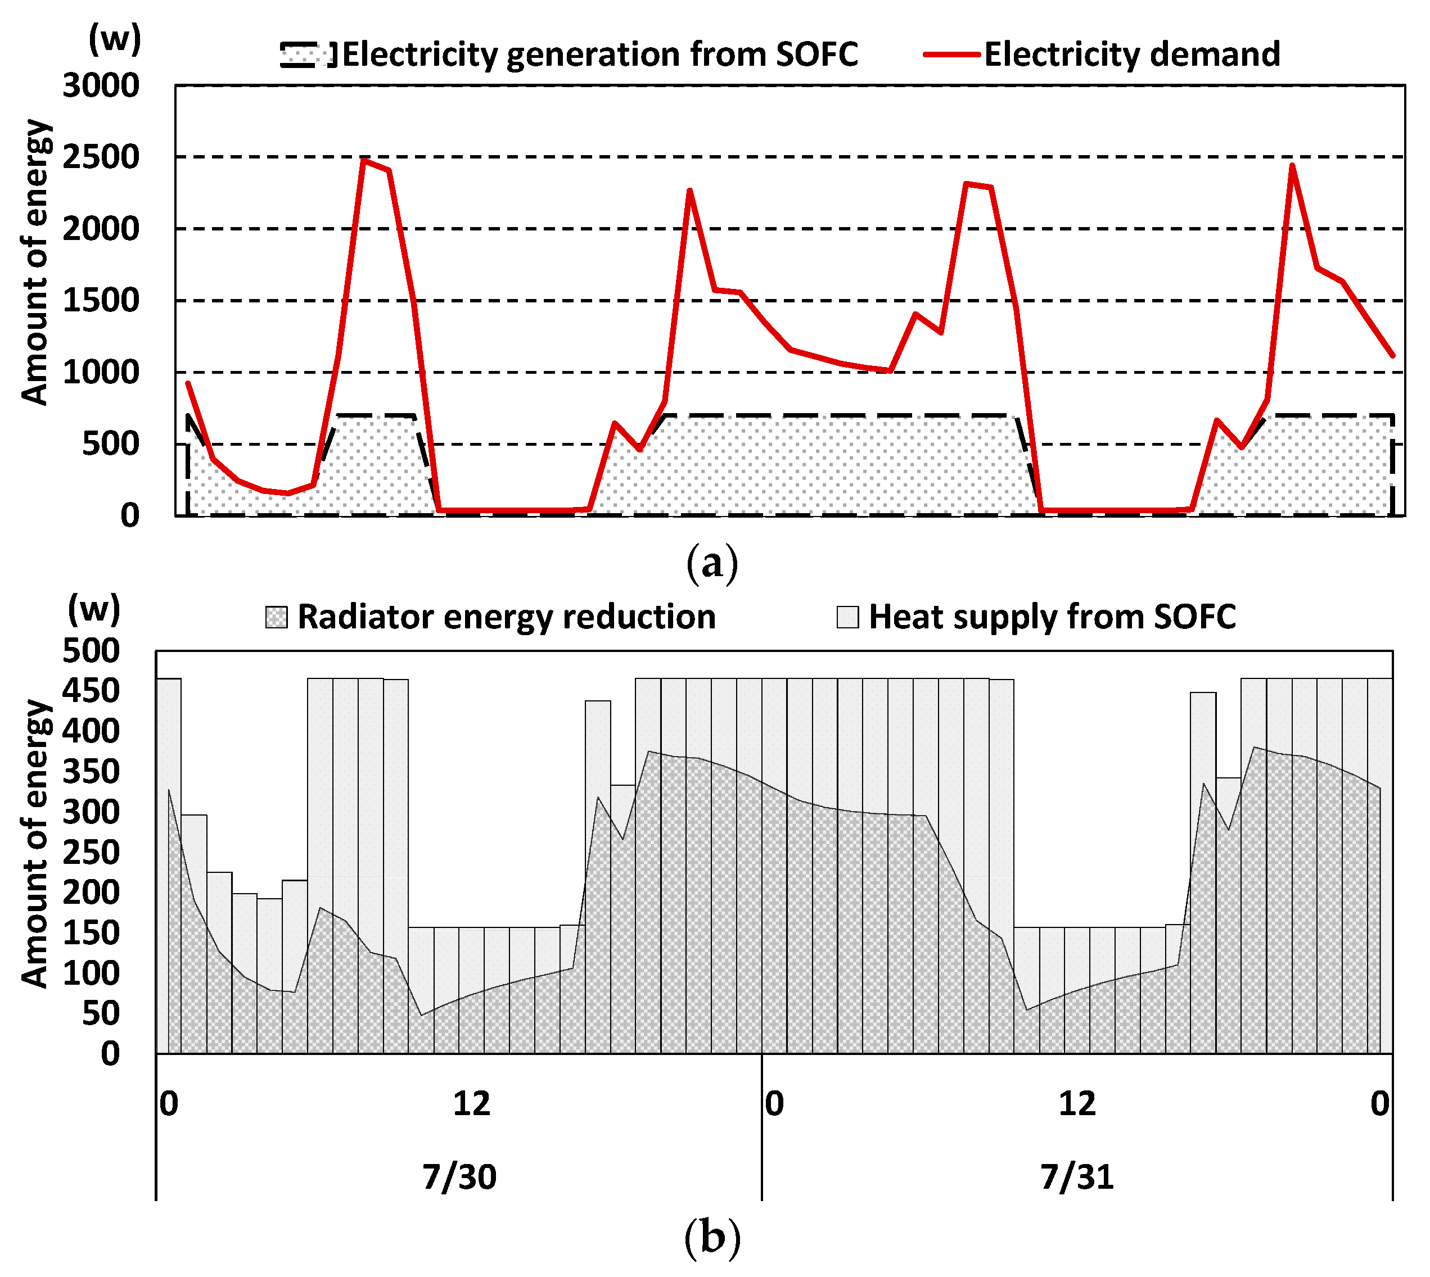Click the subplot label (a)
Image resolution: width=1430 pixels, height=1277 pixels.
pyautogui.click(x=712, y=563)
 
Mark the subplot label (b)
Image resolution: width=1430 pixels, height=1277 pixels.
pyautogui.click(x=712, y=1238)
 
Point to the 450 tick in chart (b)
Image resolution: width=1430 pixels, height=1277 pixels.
pyautogui.click(x=91, y=691)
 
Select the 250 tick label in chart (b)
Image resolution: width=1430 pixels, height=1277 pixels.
pyautogui.click(x=91, y=853)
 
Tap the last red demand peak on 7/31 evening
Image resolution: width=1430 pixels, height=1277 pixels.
pyautogui.click(x=1292, y=166)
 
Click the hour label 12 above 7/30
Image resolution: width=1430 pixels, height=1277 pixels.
pyautogui.click(x=471, y=1104)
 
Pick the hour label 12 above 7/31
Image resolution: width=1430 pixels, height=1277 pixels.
pyautogui.click(x=1077, y=1104)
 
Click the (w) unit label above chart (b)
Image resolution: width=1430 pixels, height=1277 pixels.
pyautogui.click(x=93, y=609)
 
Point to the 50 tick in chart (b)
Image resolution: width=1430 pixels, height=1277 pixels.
pyautogui.click(x=101, y=1014)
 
